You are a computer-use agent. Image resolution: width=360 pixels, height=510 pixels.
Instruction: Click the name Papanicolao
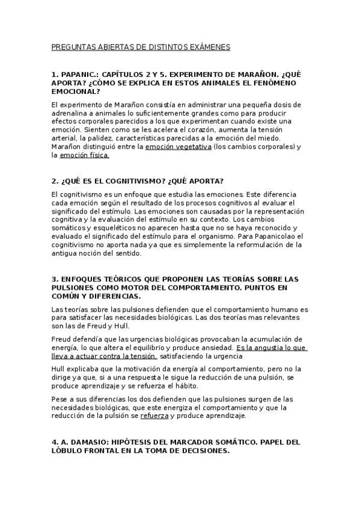click(x=265, y=236)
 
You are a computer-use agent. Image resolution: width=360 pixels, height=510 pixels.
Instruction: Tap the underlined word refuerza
click(x=154, y=416)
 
